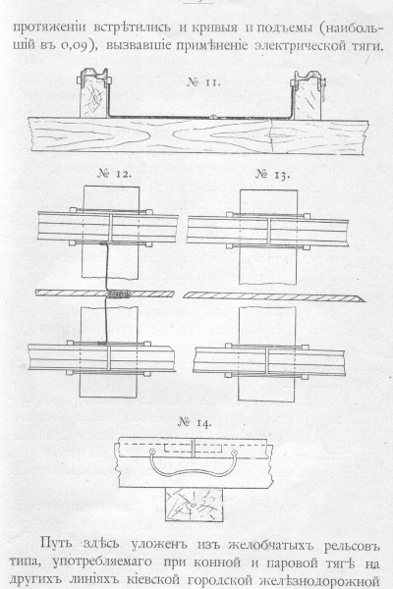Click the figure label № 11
(203, 82)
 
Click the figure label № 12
(114, 174)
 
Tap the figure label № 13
(273, 175)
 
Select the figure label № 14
(195, 422)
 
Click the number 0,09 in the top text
(76, 46)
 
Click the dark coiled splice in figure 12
(119, 294)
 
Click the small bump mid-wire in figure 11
(214, 117)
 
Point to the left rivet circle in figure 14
(152, 452)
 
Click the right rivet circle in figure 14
(234, 453)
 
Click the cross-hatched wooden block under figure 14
(194, 505)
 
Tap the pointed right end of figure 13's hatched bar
(365, 300)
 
